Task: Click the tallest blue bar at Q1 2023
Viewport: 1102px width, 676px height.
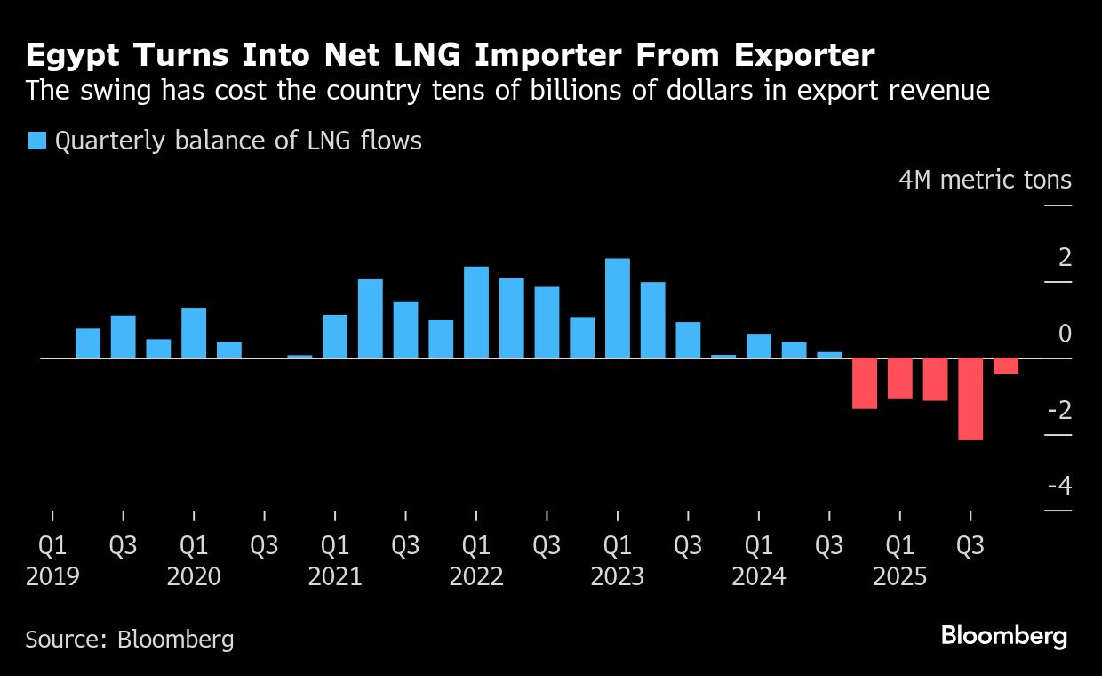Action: pyautogui.click(x=618, y=308)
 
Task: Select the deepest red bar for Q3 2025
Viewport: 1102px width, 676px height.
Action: pyautogui.click(x=970, y=398)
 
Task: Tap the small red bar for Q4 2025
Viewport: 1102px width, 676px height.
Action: pyautogui.click(x=1006, y=366)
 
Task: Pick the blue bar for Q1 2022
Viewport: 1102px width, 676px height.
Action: pyautogui.click(x=476, y=312)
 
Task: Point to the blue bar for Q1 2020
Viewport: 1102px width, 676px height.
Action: pyautogui.click(x=194, y=333)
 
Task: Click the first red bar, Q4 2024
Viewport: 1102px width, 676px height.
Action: pyautogui.click(x=865, y=383)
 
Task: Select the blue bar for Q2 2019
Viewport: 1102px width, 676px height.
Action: pyautogui.click(x=88, y=343)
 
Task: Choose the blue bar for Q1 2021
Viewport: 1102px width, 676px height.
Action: pyautogui.click(x=335, y=336)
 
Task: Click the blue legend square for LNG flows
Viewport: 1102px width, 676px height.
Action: pyautogui.click(x=36, y=141)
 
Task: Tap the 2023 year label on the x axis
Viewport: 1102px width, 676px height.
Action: pyautogui.click(x=618, y=577)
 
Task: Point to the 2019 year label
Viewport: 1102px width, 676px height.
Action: pyautogui.click(x=52, y=577)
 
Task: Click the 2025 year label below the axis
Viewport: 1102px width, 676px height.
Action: pyautogui.click(x=900, y=577)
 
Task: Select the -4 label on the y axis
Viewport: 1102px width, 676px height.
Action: pyautogui.click(x=1059, y=487)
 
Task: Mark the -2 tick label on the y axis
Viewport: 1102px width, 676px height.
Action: pyautogui.click(x=1059, y=410)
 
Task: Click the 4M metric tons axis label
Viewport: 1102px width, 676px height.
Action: pyautogui.click(x=986, y=181)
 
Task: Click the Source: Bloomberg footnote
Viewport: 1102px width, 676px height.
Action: pyautogui.click(x=130, y=639)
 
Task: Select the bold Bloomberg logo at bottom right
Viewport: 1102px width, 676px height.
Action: pyautogui.click(x=1004, y=636)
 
